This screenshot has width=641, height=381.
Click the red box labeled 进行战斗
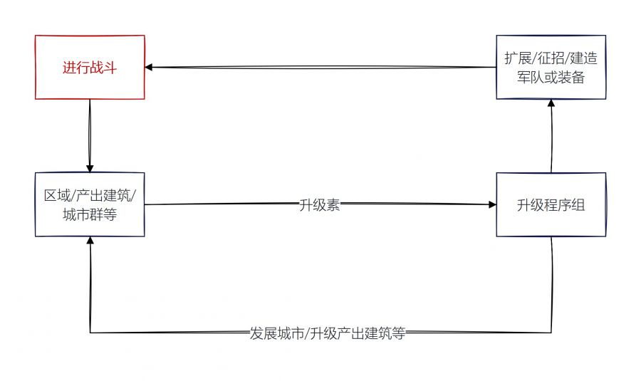pos(90,67)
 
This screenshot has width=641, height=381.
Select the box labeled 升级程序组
pos(551,204)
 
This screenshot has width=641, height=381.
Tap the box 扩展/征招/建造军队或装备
pos(551,67)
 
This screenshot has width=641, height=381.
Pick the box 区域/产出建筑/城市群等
pos(90,204)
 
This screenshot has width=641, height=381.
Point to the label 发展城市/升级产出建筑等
pos(327,333)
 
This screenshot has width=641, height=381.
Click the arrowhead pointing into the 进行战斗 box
pos(149,68)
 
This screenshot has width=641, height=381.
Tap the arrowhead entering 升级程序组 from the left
pos(492,204)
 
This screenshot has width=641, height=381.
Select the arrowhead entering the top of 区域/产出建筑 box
pos(90,168)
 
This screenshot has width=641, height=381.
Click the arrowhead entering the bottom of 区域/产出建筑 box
pos(90,241)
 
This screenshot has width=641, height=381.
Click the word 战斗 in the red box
pos(103,68)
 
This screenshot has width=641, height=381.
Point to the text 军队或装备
pos(551,78)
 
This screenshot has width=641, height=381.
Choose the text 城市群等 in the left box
pos(90,214)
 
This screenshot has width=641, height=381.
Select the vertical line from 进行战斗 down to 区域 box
pos(90,132)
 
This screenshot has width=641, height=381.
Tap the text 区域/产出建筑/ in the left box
pos(90,195)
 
